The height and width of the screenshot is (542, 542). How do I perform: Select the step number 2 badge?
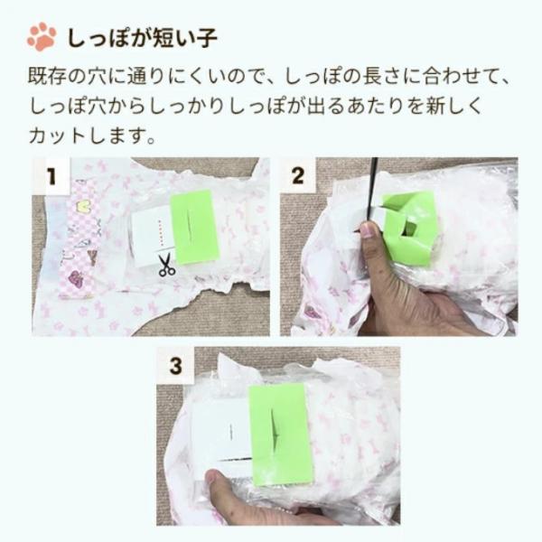297,176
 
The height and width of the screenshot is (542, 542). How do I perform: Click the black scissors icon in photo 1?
166,265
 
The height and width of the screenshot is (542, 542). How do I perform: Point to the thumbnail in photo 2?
367,231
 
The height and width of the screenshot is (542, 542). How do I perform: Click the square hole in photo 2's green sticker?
409,229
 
